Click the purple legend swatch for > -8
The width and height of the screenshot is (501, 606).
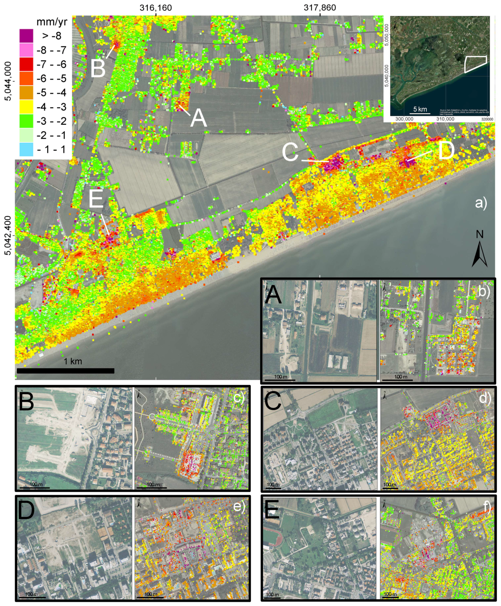pos(26,36)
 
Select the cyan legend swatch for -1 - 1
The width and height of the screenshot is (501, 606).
pos(26,149)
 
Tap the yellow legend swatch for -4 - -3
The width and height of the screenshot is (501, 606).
pos(26,107)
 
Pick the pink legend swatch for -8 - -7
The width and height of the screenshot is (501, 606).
pos(26,50)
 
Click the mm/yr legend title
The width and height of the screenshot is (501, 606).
pos(52,22)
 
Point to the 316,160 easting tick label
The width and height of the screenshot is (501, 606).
pos(156,8)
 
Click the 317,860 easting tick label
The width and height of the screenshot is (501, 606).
pos(320,8)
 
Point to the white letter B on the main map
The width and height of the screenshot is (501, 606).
pos(98,69)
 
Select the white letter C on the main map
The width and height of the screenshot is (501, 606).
pos(290,153)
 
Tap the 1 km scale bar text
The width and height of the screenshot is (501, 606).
pos(73,361)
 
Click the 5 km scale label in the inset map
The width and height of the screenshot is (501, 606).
pos(420,109)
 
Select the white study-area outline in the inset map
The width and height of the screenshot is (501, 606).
pos(475,64)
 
